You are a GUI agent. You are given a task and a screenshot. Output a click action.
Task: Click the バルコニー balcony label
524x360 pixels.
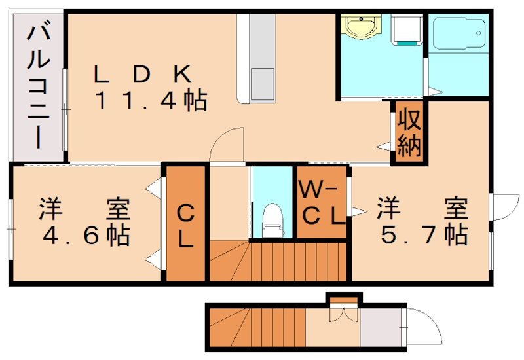point(35,85)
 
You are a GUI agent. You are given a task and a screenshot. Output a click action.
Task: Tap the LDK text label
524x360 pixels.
point(141,74)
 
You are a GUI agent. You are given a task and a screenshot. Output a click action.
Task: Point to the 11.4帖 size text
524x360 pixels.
point(151,101)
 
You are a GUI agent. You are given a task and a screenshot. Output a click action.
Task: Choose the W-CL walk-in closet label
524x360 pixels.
point(321,204)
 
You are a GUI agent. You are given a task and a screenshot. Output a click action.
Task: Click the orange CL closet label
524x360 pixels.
point(186,226)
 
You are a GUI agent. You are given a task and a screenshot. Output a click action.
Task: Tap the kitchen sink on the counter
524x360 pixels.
point(261,82)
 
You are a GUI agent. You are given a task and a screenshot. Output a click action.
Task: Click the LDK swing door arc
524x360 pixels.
point(227,143)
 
